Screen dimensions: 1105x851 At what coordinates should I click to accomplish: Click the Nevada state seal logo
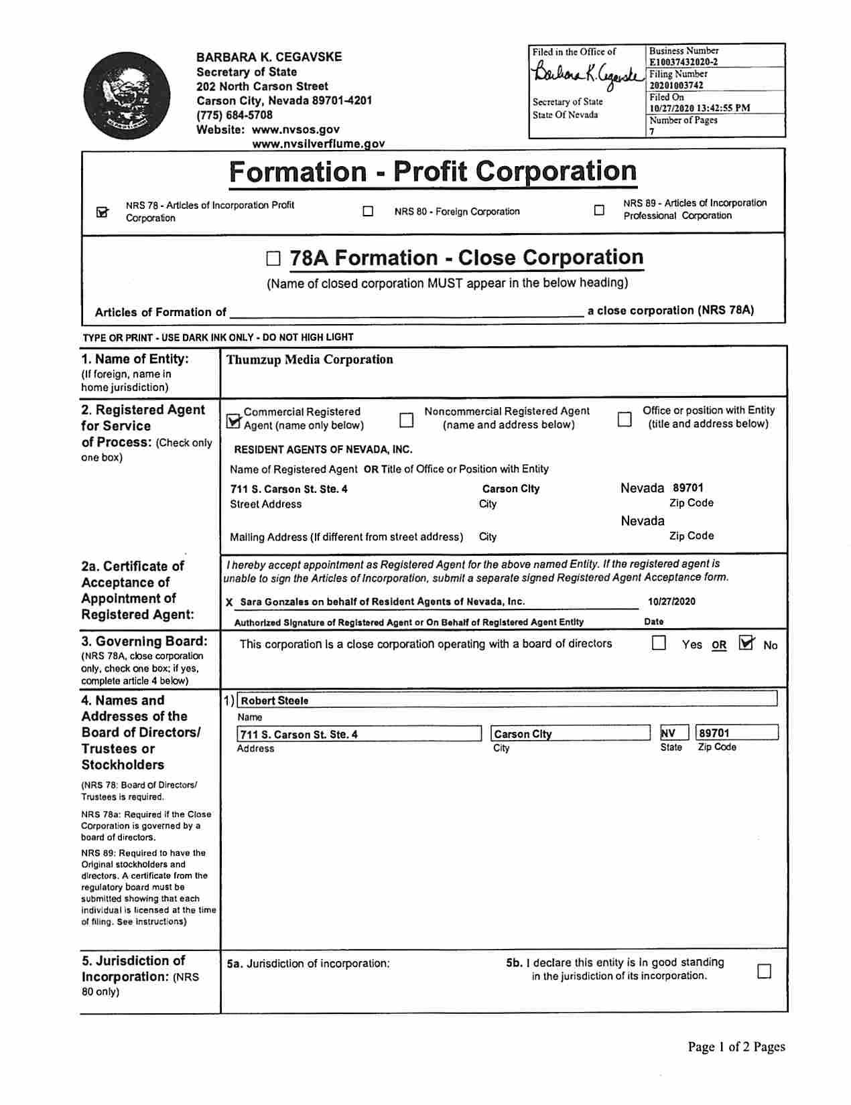pos(127,96)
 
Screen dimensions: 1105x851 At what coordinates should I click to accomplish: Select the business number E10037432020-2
pos(683,62)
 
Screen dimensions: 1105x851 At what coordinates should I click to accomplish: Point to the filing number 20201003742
pos(676,86)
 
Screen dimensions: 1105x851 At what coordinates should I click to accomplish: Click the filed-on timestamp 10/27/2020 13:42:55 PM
pos(700,108)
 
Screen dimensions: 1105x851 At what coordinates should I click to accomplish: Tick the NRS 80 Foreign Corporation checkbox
pos(368,211)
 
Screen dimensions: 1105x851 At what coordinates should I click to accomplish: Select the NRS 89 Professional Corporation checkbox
pos(599,210)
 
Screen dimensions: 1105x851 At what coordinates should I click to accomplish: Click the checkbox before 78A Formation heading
pos(273,259)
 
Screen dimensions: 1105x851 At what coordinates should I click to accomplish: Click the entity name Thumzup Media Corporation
pos(310,360)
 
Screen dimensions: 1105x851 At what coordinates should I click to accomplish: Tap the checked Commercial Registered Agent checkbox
pos(234,420)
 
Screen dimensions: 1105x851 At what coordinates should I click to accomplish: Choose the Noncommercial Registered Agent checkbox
pos(406,419)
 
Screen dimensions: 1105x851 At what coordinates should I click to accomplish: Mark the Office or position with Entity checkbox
pos(624,419)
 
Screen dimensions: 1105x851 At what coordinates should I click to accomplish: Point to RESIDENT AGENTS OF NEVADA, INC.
pos(323,449)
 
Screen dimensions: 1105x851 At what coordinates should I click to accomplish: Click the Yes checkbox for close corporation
pos(659,643)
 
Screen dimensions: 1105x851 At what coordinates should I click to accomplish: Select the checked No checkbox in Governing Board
pos(746,643)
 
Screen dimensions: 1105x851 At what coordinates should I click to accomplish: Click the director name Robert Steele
pos(275,701)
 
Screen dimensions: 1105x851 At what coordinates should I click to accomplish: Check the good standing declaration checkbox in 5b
pos(764,970)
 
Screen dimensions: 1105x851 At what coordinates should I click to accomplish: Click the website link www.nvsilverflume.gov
pos(318,143)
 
